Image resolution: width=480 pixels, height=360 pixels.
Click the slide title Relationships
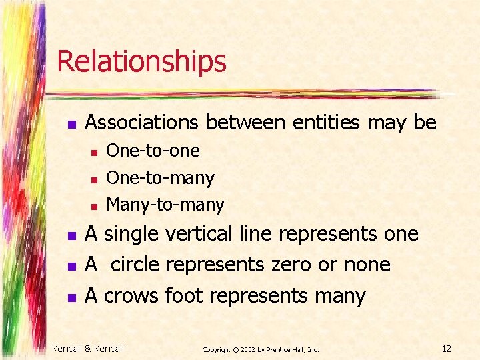141,61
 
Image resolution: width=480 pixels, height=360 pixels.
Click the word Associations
141,123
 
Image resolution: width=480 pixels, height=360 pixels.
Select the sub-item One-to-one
153,151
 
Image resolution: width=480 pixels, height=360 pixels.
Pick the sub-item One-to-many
160,178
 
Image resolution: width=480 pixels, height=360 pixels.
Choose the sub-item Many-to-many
165,204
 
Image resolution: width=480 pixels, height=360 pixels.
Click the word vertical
198,234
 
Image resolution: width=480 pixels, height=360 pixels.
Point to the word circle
135,265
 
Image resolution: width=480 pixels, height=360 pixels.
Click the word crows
131,295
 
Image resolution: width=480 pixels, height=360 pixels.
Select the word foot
183,295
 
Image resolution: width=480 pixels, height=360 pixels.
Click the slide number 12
447,349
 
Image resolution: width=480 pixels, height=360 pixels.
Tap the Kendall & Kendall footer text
88,348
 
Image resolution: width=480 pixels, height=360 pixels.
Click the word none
367,265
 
